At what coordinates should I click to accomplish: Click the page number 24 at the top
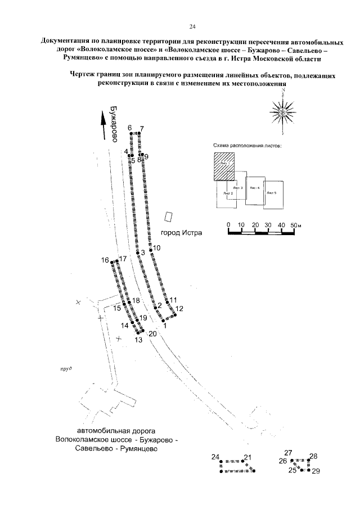pyautogui.click(x=192, y=26)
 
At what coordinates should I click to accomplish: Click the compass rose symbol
pyautogui.click(x=283, y=113)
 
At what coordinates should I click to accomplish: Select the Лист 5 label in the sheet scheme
pyautogui.click(x=272, y=192)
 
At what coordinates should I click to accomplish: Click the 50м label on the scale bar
pyautogui.click(x=296, y=225)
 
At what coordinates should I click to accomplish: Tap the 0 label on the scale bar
pyautogui.click(x=228, y=225)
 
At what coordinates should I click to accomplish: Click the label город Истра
pyautogui.click(x=181, y=233)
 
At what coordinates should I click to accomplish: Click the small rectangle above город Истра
pyautogui.click(x=168, y=217)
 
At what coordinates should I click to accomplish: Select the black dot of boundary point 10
pyautogui.click(x=150, y=250)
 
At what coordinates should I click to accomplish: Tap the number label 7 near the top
pyautogui.click(x=142, y=128)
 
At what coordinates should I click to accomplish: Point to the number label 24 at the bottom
pyautogui.click(x=214, y=456)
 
